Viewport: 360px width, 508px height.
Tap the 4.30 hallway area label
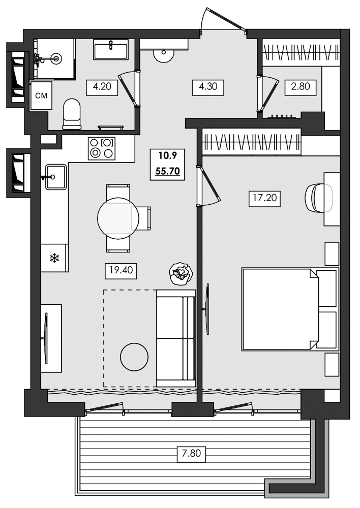207,86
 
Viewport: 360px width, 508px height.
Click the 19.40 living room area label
121,270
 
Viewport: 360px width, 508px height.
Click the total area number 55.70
167,171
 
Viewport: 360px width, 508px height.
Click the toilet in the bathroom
72,113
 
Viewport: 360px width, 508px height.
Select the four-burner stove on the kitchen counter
101,148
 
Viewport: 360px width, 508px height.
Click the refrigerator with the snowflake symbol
54,258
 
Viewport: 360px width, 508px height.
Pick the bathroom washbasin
110,51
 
